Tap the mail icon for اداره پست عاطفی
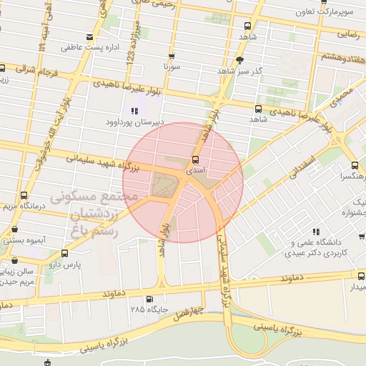(x=89, y=37)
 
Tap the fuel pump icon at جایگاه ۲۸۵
(x=149, y=300)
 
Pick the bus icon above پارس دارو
(x=65, y=253)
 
